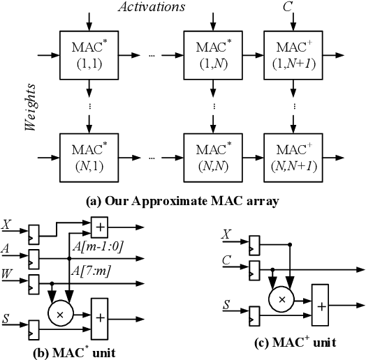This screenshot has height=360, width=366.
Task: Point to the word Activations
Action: [152, 7]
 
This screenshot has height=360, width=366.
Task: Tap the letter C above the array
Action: [287, 7]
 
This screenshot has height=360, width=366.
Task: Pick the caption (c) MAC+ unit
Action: [294, 342]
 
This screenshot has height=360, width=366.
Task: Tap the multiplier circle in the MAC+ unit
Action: [283, 298]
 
